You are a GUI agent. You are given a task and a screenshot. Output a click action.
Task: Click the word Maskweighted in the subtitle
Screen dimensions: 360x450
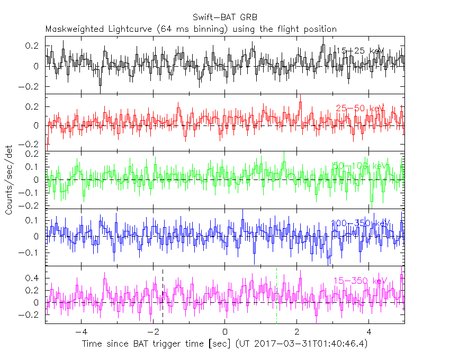[73, 29]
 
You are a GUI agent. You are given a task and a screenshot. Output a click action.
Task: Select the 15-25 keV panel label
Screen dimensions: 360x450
[360, 51]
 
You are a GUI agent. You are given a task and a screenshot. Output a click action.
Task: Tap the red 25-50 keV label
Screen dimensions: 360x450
[360, 109]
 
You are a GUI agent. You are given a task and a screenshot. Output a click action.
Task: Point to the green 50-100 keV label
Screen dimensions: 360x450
[360, 166]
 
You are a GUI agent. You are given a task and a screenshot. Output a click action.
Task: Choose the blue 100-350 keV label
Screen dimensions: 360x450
[360, 223]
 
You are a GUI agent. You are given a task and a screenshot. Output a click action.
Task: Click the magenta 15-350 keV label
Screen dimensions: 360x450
[360, 280]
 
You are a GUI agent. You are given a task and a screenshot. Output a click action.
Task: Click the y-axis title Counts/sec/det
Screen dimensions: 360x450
[10, 180]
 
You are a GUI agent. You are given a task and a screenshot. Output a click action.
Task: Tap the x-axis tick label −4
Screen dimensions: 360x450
[80, 332]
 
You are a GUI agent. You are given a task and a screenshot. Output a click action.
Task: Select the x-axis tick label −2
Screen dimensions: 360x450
[152, 332]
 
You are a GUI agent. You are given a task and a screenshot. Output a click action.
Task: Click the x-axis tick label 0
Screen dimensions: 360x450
[225, 332]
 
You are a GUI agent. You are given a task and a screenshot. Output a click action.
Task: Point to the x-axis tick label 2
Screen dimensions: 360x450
[297, 332]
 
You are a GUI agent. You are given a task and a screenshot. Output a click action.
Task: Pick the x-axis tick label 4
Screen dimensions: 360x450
[369, 332]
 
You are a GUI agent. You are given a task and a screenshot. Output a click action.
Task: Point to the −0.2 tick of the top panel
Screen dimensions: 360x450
[32, 86]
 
